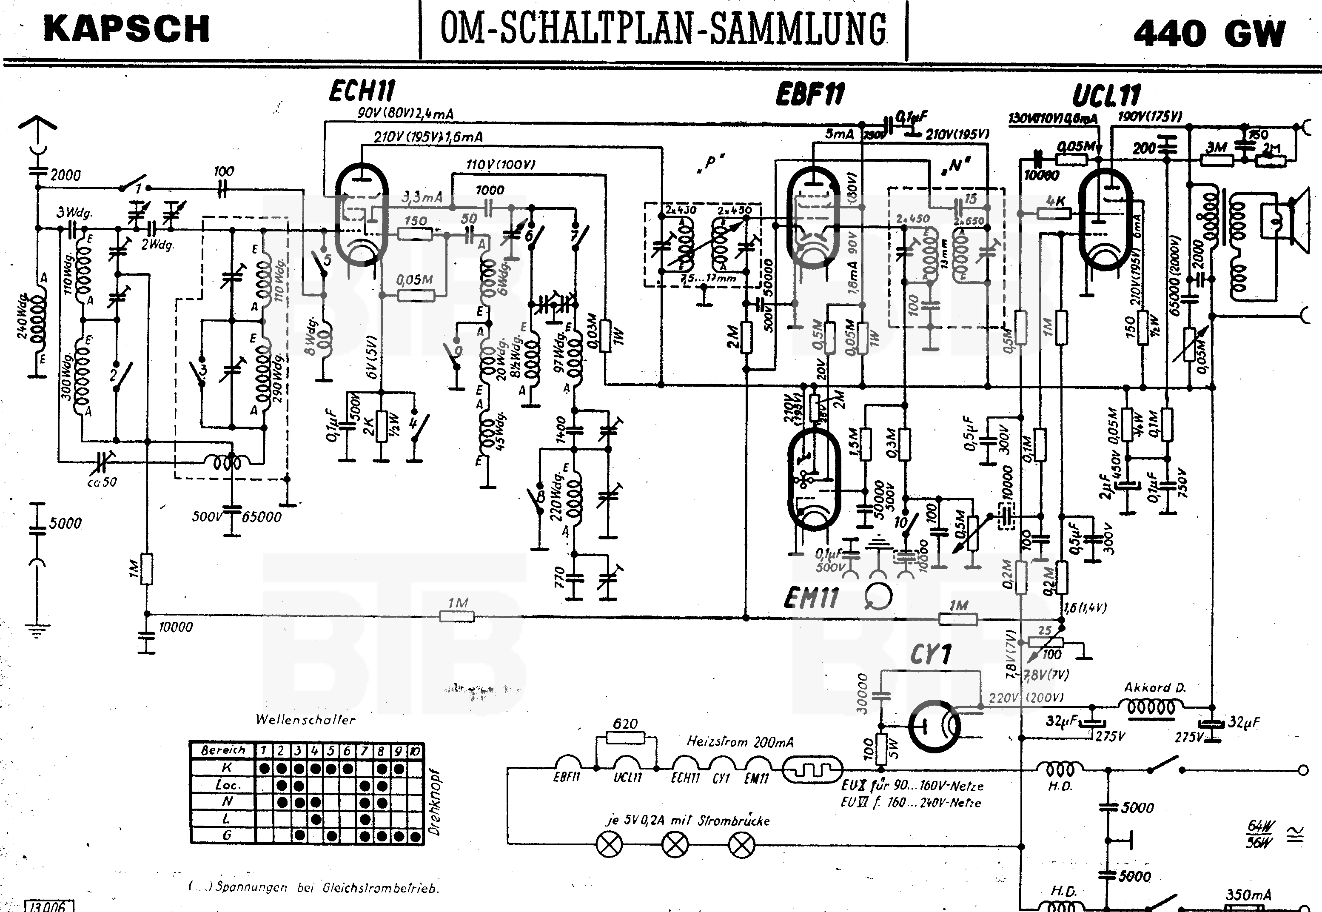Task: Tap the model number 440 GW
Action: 1209,33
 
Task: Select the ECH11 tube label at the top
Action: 362,91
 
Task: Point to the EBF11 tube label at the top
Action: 809,94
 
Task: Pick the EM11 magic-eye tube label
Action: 811,598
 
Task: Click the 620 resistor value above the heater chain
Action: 625,724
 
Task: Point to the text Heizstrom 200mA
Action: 740,742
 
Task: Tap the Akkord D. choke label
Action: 1154,687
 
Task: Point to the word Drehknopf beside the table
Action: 435,802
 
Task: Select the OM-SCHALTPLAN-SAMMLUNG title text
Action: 663,30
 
